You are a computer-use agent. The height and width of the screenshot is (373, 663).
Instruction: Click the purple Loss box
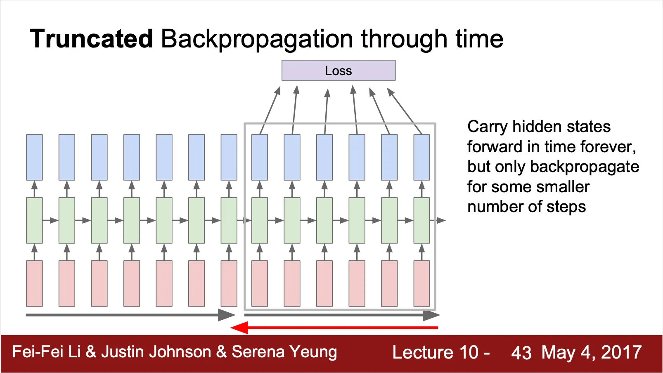(x=338, y=71)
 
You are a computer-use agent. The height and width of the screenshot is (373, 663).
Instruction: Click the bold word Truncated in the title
(x=91, y=39)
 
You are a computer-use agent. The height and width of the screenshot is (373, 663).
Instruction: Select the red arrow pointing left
(x=334, y=328)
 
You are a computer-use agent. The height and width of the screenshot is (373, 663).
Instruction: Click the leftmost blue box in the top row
(x=34, y=157)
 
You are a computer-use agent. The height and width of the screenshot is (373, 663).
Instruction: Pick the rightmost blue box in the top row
(x=421, y=157)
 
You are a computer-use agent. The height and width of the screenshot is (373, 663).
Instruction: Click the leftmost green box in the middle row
(x=34, y=220)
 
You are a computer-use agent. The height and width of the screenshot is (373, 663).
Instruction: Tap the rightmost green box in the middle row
(x=421, y=220)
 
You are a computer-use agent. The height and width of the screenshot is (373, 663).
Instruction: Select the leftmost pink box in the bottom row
(x=34, y=283)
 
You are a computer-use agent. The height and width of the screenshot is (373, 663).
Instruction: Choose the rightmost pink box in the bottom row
(x=421, y=283)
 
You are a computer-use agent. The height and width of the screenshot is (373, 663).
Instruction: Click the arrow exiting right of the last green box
(x=438, y=220)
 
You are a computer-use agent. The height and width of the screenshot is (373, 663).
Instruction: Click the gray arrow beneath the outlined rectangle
(x=342, y=315)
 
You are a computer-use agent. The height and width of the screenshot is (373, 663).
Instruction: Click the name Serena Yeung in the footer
(x=284, y=352)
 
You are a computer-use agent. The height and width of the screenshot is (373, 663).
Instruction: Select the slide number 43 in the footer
(x=521, y=353)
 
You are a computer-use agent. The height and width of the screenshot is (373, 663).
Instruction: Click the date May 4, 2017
(x=591, y=353)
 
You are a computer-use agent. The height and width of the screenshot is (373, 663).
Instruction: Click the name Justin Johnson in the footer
(x=156, y=352)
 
